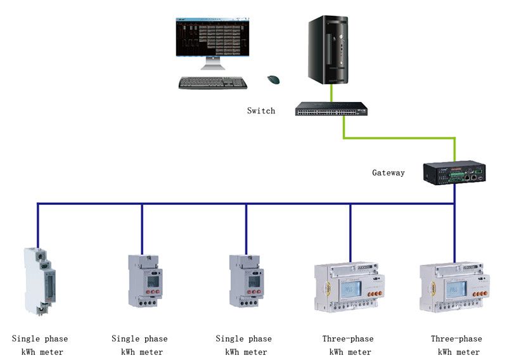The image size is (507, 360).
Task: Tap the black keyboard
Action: pos(212,82)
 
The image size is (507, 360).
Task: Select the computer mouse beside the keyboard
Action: pos(274,79)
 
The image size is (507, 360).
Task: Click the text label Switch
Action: pos(261,111)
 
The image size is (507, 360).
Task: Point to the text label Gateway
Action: pos(388,172)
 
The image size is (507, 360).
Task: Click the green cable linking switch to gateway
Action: pos(399,137)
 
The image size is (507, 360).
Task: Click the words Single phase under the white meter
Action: pos(39,339)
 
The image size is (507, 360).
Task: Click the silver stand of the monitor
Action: pos(212,65)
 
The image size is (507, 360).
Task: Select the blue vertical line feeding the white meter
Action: pos(38,225)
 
